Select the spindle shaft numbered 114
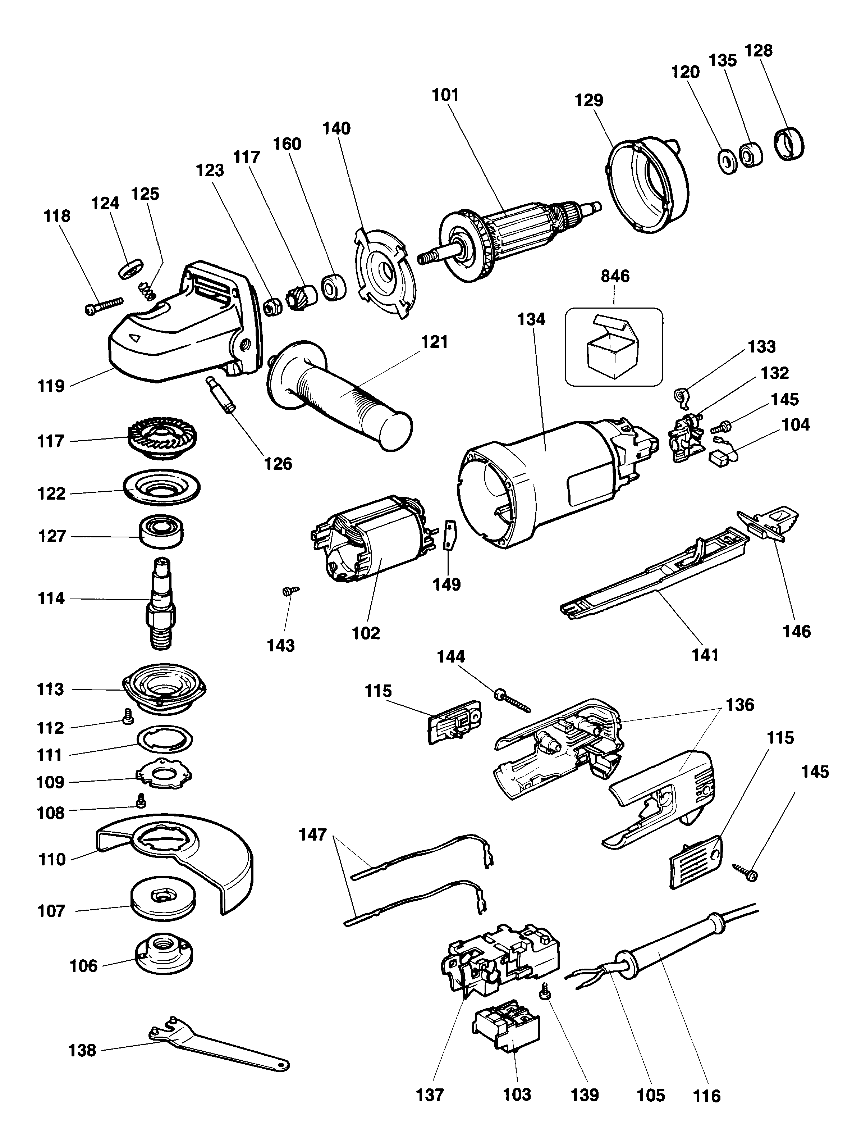[161, 602]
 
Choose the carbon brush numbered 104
[720, 459]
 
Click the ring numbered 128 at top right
[788, 145]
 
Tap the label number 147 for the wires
[313, 835]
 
